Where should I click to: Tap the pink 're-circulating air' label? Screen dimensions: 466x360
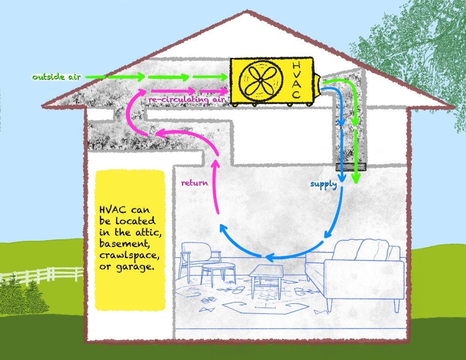pyautogui.click(x=187, y=100)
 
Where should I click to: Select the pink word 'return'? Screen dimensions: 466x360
pyautogui.click(x=194, y=183)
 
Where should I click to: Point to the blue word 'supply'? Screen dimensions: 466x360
pyautogui.click(x=323, y=184)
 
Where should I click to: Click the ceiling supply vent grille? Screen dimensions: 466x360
pyautogui.click(x=351, y=166)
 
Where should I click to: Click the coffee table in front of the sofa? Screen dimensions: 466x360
pyautogui.click(x=266, y=276)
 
